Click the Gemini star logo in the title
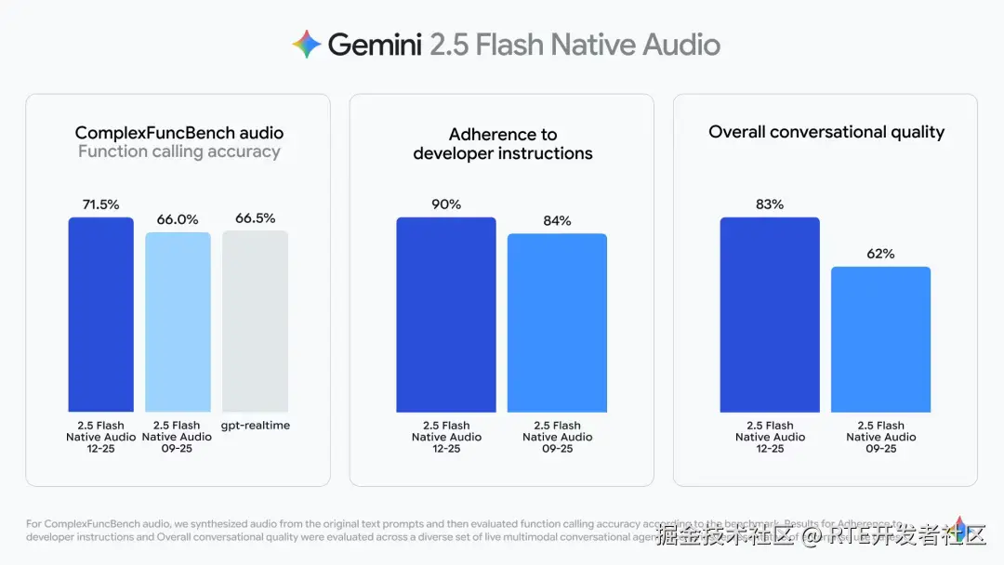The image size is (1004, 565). click(x=306, y=45)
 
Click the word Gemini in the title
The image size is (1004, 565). click(x=375, y=45)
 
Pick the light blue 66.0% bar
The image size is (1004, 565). click(x=178, y=322)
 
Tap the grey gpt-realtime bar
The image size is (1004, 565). click(x=255, y=321)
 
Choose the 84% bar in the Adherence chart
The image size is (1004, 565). click(x=557, y=322)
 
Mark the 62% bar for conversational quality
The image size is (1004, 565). click(x=880, y=339)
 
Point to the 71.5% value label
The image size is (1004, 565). click(x=100, y=204)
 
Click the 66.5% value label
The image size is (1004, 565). click(x=255, y=218)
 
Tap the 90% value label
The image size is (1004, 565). click(x=446, y=204)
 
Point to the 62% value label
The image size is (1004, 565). click(x=880, y=254)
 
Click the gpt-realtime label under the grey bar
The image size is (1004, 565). click(x=255, y=426)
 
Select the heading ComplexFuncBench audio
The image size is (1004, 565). click(x=179, y=133)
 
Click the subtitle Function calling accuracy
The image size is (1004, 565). click(x=179, y=151)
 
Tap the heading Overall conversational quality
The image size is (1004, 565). click(x=826, y=132)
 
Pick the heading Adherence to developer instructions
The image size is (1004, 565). click(x=503, y=144)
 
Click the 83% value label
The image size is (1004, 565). click(x=770, y=204)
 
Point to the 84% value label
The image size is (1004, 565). click(x=557, y=221)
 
